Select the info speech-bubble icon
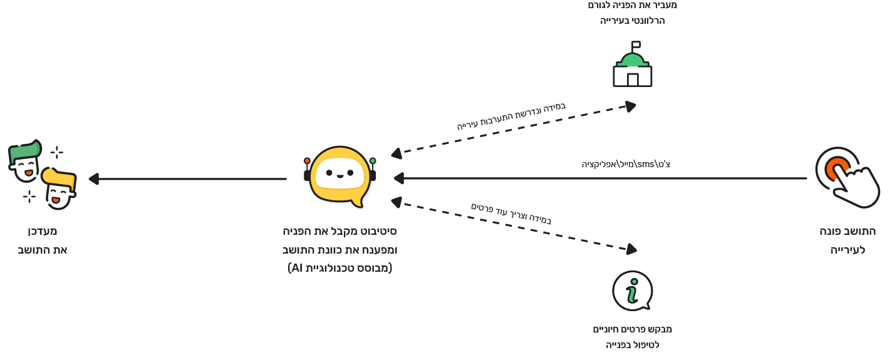tap(632, 291)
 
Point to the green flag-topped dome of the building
tap(632, 60)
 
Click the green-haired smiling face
tap(25, 160)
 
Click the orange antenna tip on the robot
tap(307, 161)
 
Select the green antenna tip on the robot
tap(373, 161)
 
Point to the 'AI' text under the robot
tap(296, 268)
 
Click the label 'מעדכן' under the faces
tap(42, 231)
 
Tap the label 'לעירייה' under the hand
tap(848, 250)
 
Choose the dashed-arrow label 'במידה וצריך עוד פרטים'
tap(511, 213)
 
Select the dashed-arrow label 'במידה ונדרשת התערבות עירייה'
tap(511, 116)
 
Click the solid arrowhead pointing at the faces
tap(94, 179)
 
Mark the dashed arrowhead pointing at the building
tap(630, 106)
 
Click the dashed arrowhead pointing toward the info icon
tap(631, 249)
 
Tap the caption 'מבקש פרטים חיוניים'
tap(632, 329)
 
